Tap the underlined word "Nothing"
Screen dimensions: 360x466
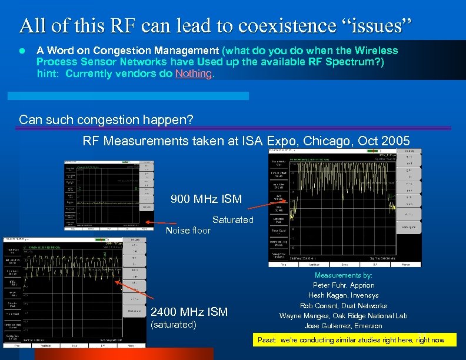(194, 74)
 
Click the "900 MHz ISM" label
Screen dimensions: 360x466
(206, 199)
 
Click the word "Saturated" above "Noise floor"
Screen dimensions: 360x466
(232, 220)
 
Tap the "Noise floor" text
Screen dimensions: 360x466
(188, 231)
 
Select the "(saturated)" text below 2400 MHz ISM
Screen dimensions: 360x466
(174, 325)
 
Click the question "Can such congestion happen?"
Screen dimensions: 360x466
(106, 120)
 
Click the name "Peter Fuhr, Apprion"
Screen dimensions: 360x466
(344, 285)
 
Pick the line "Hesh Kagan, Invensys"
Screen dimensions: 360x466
(344, 295)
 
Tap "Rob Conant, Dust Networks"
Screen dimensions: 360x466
(344, 305)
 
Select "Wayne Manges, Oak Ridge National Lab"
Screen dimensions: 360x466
(344, 316)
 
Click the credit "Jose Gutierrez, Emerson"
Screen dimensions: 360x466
(344, 326)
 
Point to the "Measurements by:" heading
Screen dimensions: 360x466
(344, 275)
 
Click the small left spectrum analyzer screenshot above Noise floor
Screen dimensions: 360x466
(109, 195)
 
